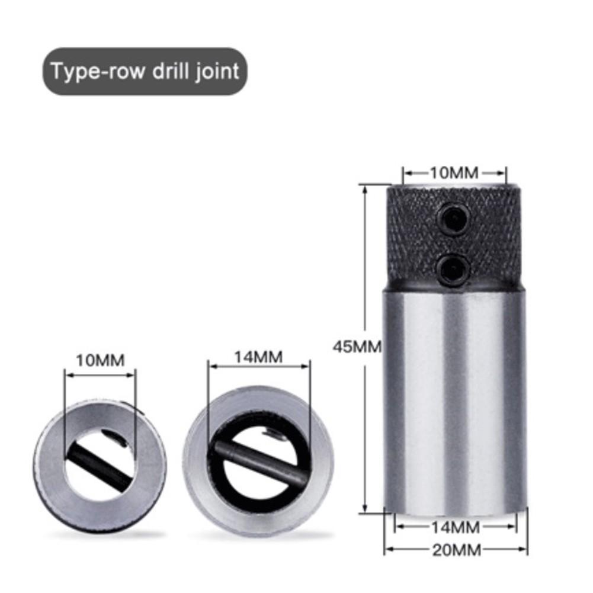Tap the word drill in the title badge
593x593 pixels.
169,72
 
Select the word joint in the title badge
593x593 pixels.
217,72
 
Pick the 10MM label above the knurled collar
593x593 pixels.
454,173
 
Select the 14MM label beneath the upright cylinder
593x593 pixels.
456,526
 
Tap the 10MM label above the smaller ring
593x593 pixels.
100,360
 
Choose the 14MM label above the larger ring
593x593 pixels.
258,357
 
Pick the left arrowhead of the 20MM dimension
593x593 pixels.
388,549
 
